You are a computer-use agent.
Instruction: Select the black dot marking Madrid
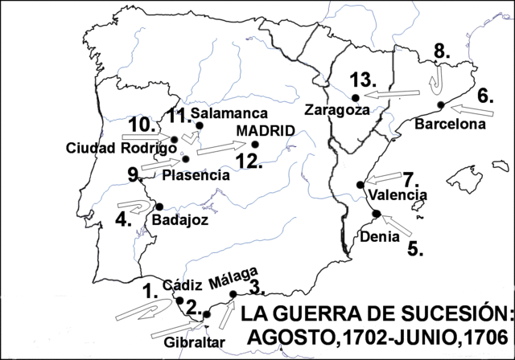(255, 145)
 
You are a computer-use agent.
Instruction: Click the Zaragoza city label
(337, 111)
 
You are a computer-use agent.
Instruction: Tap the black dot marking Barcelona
(440, 105)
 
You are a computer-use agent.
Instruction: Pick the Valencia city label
(394, 194)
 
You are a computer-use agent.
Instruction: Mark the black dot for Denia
(377, 213)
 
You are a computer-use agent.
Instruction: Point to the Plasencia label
(196, 174)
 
